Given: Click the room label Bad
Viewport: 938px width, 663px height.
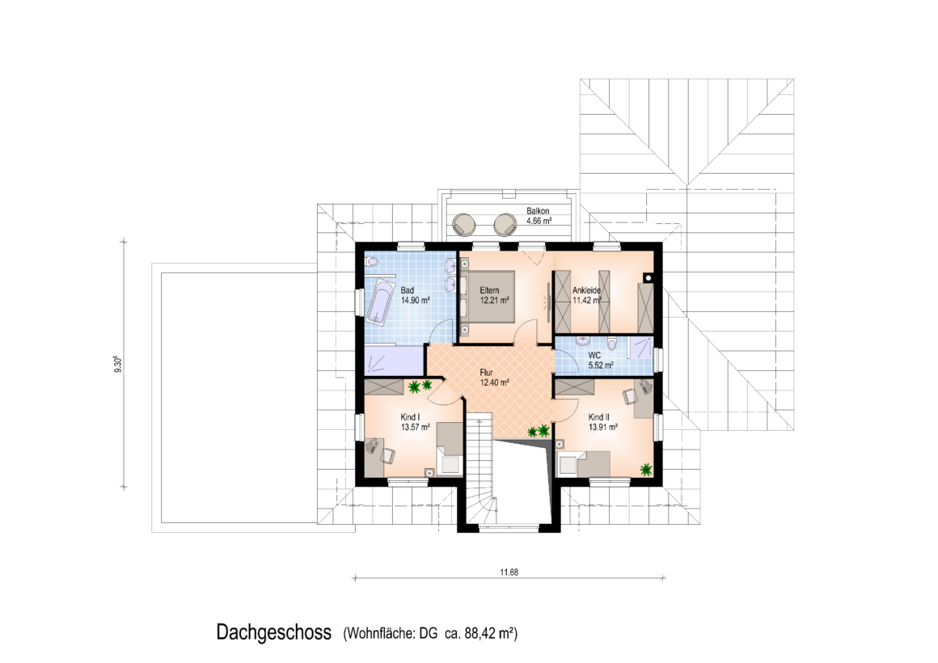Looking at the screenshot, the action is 407,290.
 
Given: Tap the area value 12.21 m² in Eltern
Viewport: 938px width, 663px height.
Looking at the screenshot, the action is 494,301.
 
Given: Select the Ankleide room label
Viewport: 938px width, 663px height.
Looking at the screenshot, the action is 586,290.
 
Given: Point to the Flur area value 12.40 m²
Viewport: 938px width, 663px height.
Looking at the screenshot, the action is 494,382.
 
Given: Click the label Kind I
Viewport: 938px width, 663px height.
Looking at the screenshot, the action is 410,417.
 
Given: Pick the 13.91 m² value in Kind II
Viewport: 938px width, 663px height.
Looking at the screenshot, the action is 603,427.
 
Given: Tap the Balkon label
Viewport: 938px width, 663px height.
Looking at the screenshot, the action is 538,211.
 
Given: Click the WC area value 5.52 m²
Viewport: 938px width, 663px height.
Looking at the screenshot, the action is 601,365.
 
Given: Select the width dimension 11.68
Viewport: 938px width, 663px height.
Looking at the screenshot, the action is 509,572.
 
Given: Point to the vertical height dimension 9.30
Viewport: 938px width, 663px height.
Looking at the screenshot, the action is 118,364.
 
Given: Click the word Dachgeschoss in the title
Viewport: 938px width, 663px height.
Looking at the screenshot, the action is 274,632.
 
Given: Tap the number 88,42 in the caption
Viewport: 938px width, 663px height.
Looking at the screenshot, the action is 480,633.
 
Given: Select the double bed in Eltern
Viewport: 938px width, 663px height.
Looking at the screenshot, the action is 488,297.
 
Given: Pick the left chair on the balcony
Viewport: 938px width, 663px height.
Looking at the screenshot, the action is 463,225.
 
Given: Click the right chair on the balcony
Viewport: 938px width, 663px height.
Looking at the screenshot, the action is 505,225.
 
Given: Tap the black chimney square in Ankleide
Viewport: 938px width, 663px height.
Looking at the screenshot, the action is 647,277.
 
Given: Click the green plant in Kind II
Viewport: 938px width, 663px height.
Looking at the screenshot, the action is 646,470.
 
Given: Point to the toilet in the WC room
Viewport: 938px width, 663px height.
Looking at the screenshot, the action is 611,344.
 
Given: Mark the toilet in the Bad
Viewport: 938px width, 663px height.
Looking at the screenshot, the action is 371,261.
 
